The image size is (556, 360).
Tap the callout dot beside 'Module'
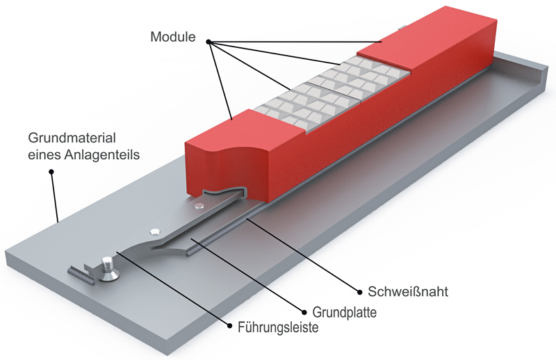click(x=208, y=42)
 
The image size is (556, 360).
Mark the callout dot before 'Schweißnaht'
click(x=359, y=290)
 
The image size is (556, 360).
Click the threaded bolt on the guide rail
click(x=108, y=268)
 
